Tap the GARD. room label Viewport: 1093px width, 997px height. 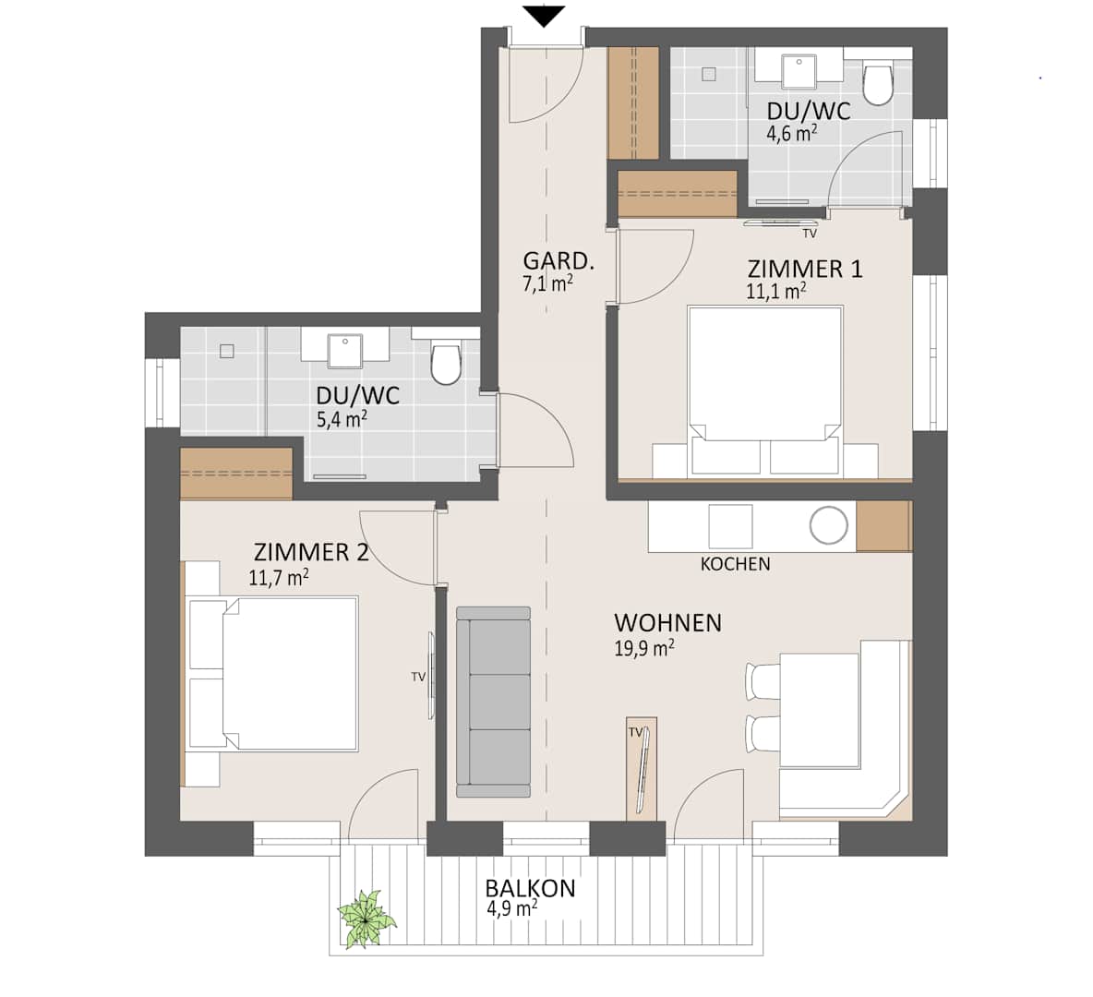pyautogui.click(x=559, y=261)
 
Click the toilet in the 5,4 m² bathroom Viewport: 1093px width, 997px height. pyautogui.click(x=446, y=363)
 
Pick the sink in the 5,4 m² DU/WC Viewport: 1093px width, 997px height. pyautogui.click(x=345, y=352)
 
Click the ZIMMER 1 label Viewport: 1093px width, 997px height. pyautogui.click(x=804, y=269)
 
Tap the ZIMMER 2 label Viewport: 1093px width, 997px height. pyautogui.click(x=311, y=552)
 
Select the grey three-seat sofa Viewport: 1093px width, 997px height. pyautogui.click(x=493, y=702)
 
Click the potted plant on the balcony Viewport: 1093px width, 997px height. pyautogui.click(x=366, y=919)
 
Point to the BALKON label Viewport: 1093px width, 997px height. pyautogui.click(x=531, y=888)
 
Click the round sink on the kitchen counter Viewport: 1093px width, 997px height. pyautogui.click(x=829, y=525)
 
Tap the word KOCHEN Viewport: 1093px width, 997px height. pyautogui.click(x=736, y=564)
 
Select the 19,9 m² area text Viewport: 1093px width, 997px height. pyautogui.click(x=644, y=649)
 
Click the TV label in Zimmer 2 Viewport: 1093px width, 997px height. pyautogui.click(x=418, y=677)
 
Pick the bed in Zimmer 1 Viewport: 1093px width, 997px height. pyautogui.click(x=765, y=391)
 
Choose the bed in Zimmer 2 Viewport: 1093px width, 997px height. pyautogui.click(x=272, y=673)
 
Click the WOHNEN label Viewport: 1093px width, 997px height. pyautogui.click(x=667, y=622)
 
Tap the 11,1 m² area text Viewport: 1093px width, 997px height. pyautogui.click(x=776, y=292)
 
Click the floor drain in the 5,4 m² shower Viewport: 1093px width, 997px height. pyautogui.click(x=226, y=351)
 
